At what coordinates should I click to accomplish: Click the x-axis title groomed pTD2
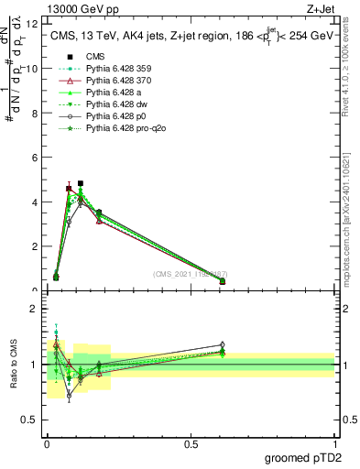(x=304, y=456)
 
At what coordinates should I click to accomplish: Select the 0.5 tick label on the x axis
(x=191, y=444)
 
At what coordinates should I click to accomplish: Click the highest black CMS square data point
(x=81, y=183)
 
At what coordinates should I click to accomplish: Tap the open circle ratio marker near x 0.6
(x=223, y=344)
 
